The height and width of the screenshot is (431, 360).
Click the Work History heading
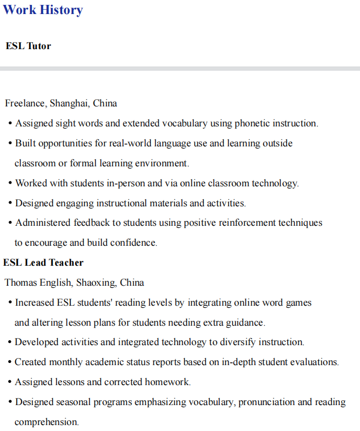coord(43,10)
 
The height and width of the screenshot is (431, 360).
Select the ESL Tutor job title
coord(28,46)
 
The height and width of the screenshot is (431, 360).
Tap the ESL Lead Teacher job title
coord(43,262)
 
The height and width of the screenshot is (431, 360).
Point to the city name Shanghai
coord(69,103)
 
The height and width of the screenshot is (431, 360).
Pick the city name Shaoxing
coord(96,282)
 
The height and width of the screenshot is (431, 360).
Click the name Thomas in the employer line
coord(21,282)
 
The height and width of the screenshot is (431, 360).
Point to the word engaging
coord(76,203)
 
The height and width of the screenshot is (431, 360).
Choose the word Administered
coord(43,223)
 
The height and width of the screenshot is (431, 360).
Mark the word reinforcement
coord(248,223)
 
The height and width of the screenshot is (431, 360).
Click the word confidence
coord(134,243)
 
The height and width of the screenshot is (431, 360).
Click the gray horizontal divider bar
coord(180,69)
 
